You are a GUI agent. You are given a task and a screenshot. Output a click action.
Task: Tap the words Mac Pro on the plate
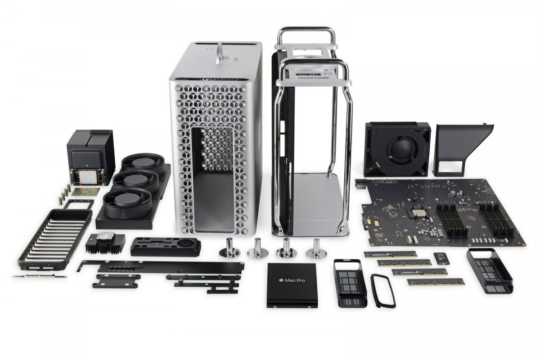(x=295, y=280)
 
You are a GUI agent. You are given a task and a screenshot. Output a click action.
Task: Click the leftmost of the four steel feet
(x=229, y=247)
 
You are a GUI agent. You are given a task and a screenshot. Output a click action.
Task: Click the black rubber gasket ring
(x=383, y=290)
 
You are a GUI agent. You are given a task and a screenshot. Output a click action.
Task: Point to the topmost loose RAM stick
(x=390, y=254)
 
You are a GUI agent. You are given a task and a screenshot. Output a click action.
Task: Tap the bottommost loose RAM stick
(x=436, y=282)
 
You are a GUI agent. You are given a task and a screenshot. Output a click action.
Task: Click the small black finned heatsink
(x=104, y=243)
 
